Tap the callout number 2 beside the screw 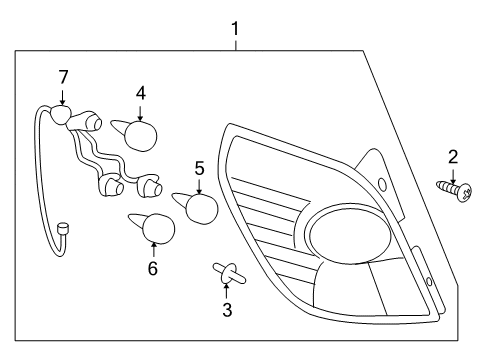[x=452, y=156]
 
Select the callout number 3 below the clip [x=227, y=310]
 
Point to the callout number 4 [x=141, y=92]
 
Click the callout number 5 [x=199, y=168]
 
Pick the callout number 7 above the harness [x=63, y=76]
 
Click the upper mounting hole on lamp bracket [x=382, y=184]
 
